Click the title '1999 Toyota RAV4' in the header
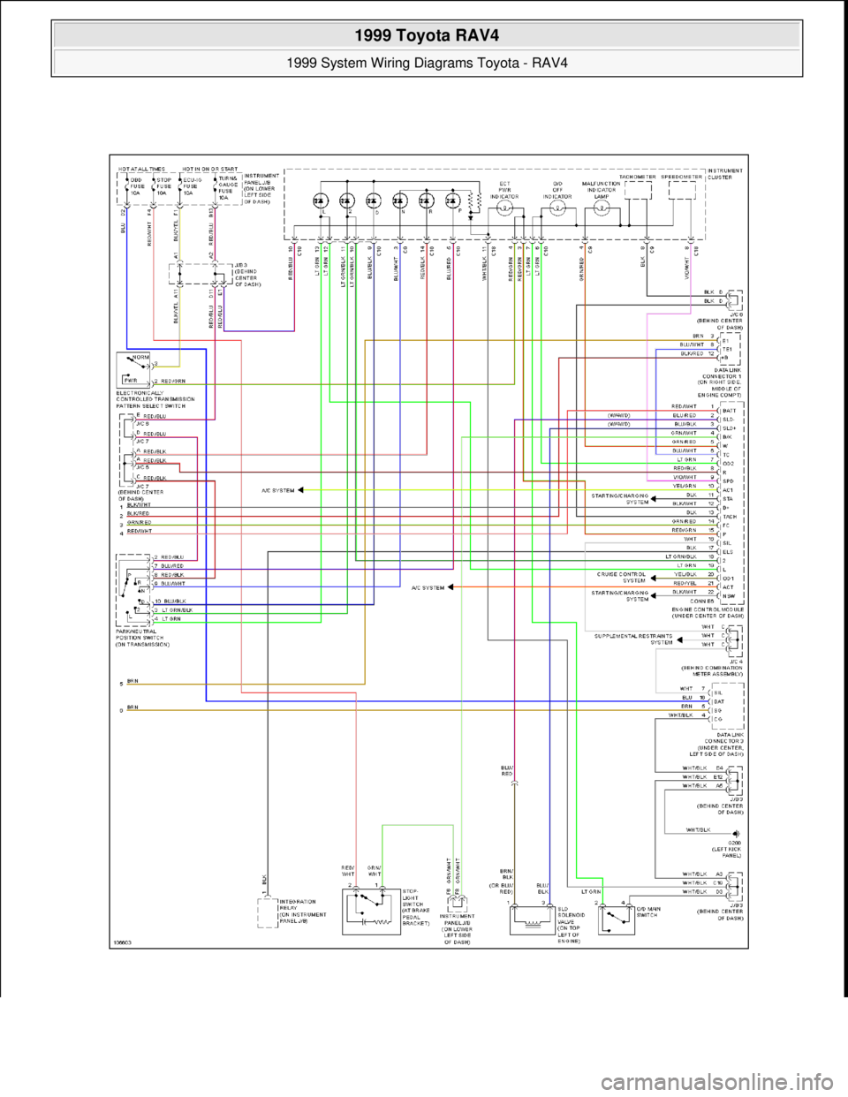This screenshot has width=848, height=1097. [424, 38]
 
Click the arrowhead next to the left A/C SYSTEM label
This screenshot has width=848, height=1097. [301, 488]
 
